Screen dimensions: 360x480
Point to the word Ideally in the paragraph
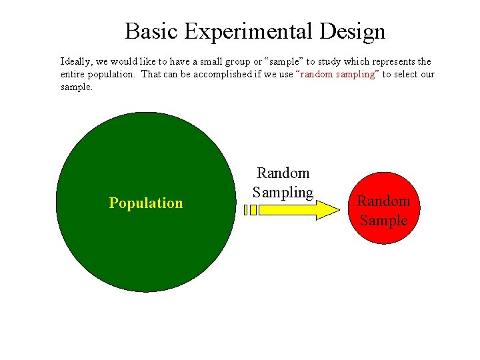[x=76, y=61]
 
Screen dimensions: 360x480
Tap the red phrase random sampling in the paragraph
[x=338, y=75]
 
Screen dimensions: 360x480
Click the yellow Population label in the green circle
[x=145, y=203]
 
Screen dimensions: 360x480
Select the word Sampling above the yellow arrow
[x=283, y=193]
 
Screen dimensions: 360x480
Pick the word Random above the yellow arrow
[x=283, y=173]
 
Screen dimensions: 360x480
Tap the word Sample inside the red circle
[x=383, y=221]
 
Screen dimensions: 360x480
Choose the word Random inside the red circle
[x=383, y=201]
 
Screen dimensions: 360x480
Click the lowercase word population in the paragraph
[x=113, y=75]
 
